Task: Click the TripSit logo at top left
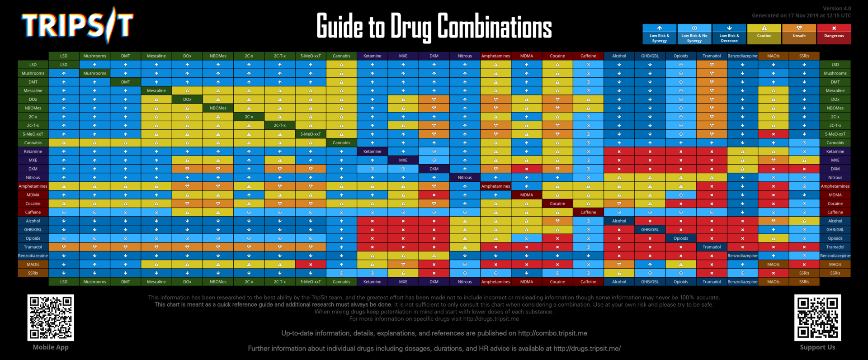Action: coord(77,25)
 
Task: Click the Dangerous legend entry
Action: coord(834,34)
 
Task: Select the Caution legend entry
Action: coord(764,34)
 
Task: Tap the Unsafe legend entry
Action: coord(799,34)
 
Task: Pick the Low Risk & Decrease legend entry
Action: coord(729,34)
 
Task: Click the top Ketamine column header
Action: coord(372,56)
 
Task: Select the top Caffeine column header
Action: coord(588,56)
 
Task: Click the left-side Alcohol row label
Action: coord(33,221)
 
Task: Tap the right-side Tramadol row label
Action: coord(835,247)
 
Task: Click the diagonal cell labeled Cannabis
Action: coord(341,143)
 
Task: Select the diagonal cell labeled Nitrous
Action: coord(464,178)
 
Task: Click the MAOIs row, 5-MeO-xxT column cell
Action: coord(311,265)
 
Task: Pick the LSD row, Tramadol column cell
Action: coord(712,65)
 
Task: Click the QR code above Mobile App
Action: coord(51,317)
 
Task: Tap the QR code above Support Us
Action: coord(817,317)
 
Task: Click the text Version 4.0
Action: coord(836,9)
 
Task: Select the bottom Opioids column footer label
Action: coord(680,282)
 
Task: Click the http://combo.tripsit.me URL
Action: coord(552,333)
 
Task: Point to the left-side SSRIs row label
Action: coord(33,273)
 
